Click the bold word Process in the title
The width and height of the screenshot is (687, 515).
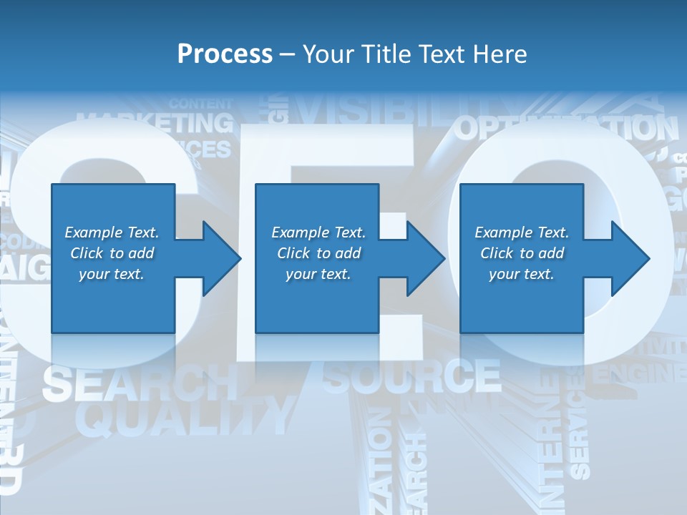[x=225, y=54]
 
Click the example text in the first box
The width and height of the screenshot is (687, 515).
[x=112, y=253]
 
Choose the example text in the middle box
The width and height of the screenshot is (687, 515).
[x=318, y=253]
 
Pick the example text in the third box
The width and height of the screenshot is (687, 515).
[x=522, y=253]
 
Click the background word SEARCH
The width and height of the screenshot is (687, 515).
[x=140, y=384]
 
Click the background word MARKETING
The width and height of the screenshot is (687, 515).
[x=155, y=122]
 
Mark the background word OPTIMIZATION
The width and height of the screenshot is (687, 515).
[x=565, y=128]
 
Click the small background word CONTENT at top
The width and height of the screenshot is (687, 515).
[x=201, y=103]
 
